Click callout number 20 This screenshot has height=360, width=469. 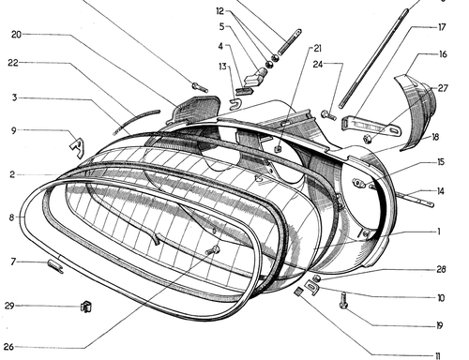16,35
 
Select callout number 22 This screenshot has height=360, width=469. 13,63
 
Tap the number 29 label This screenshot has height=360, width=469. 9,306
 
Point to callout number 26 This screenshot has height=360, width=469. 8,347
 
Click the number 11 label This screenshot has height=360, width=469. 437,356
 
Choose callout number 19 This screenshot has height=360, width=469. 440,326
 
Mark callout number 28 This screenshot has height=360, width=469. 441,269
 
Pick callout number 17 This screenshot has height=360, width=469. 442,27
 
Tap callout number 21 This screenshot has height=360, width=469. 317,49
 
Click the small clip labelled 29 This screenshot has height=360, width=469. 86,307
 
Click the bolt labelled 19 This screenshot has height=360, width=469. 343,300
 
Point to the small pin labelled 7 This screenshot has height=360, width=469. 55,266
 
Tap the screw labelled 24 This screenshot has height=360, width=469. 328,115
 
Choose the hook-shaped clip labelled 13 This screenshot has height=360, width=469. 235,104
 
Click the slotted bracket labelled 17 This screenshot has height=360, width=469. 371,126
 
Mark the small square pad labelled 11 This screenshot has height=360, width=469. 298,292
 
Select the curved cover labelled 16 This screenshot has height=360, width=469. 415,110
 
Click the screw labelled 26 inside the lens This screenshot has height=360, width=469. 213,250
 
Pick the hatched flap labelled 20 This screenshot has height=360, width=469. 195,110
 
